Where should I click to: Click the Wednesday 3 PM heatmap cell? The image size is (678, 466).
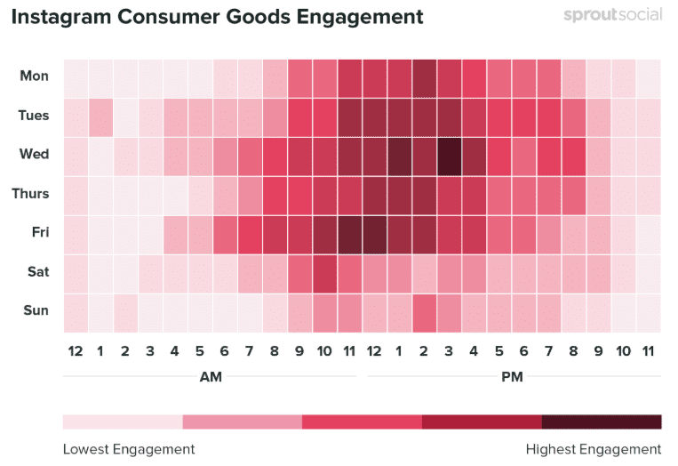pyautogui.click(x=449, y=155)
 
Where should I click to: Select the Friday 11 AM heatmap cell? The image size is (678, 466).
pyautogui.click(x=349, y=233)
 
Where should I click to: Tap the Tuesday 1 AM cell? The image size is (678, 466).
pyautogui.click(x=100, y=116)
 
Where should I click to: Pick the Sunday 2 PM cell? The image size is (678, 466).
pyautogui.click(x=424, y=311)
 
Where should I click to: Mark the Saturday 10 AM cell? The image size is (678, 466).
pyautogui.click(x=324, y=272)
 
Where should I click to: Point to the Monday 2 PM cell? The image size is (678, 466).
pyautogui.click(x=424, y=76)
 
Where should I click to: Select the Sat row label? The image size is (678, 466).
pyautogui.click(x=36, y=272)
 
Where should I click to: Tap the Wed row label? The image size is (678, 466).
pyautogui.click(x=35, y=155)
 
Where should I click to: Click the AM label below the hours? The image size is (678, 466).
pyautogui.click(x=211, y=377)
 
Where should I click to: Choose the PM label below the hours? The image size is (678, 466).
pyautogui.click(x=512, y=377)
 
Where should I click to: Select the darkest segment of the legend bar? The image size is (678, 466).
pyautogui.click(x=602, y=422)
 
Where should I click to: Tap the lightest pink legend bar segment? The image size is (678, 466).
pyautogui.click(x=123, y=422)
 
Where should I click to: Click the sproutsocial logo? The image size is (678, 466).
pyautogui.click(x=612, y=16)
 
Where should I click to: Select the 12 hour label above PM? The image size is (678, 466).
pyautogui.click(x=374, y=351)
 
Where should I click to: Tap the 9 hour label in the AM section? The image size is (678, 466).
pyautogui.click(x=299, y=351)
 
